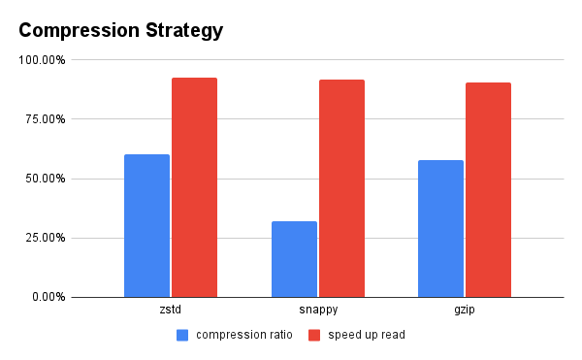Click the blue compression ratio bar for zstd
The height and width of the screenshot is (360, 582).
(146, 225)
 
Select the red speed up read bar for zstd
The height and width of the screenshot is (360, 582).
(194, 187)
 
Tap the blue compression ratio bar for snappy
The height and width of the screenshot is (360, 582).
(294, 259)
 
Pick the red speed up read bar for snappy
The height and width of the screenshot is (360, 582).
(341, 188)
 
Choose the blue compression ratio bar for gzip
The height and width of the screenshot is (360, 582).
(440, 228)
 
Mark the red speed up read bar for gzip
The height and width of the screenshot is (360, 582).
(488, 189)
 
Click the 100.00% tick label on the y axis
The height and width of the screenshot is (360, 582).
(42, 60)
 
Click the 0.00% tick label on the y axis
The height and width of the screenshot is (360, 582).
(48, 297)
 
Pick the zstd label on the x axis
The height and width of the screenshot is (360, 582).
(171, 311)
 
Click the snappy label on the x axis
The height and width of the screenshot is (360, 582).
(317, 311)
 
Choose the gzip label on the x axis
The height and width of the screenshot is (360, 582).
(465, 311)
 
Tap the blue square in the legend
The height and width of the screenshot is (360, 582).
(182, 336)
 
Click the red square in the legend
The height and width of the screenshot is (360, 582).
(314, 336)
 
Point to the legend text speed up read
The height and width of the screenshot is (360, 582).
(366, 336)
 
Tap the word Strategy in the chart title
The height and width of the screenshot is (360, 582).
(185, 30)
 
